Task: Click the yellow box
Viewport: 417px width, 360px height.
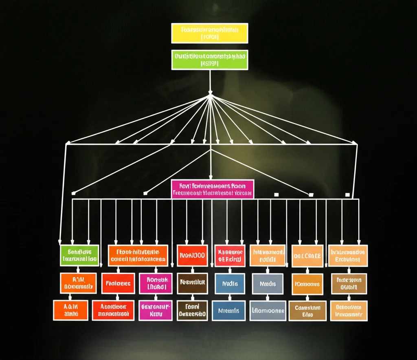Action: click(x=210, y=33)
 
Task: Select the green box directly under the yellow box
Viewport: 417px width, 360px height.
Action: click(x=210, y=60)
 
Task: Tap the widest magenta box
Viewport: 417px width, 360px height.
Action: click(x=213, y=189)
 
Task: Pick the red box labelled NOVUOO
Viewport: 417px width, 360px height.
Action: click(x=192, y=256)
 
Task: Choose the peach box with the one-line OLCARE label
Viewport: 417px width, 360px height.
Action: click(x=307, y=256)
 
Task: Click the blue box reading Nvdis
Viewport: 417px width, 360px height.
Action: click(x=230, y=284)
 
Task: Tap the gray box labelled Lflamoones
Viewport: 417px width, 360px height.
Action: click(x=268, y=311)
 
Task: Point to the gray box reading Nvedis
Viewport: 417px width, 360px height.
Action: click(x=268, y=284)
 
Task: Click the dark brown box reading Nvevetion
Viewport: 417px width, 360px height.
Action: click(x=192, y=284)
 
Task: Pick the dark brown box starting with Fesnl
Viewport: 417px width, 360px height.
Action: click(x=192, y=311)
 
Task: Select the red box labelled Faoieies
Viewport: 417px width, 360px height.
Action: click(x=118, y=284)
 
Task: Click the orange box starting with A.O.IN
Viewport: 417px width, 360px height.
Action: click(x=71, y=310)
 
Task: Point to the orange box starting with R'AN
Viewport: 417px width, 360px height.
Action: click(x=78, y=283)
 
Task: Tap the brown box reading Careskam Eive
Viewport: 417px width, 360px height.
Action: click(x=307, y=311)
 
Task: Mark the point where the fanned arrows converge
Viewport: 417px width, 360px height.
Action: click(x=210, y=96)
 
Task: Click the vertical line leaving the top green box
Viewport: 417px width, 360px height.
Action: click(x=210, y=82)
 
